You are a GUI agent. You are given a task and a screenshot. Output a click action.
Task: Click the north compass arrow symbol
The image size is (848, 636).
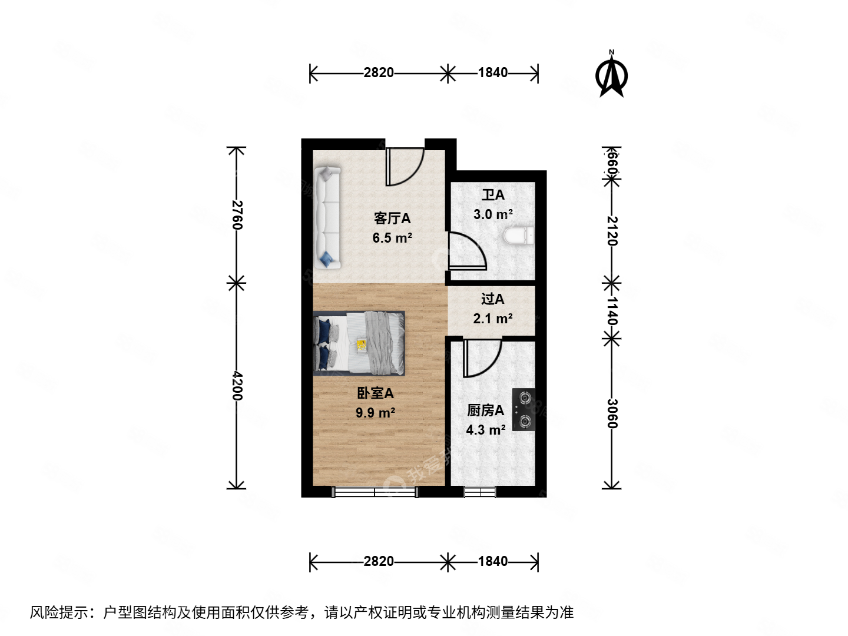tap(612, 75)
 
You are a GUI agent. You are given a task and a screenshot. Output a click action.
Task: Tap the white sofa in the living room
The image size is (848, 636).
tap(327, 218)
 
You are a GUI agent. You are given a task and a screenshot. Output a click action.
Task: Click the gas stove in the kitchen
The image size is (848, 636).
tap(524, 409)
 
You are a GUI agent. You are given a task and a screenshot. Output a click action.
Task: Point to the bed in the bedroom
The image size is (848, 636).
tap(359, 343)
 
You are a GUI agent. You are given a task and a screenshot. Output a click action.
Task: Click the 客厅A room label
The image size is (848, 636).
tap(392, 218)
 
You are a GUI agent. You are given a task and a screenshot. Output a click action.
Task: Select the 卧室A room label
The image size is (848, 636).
tap(375, 393)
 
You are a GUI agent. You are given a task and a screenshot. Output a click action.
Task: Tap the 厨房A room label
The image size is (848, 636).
tap(485, 410)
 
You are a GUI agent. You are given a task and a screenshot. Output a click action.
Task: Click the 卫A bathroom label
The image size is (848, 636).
tap(493, 195)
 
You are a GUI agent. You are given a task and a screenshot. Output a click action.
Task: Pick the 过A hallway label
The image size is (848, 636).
tap(492, 299)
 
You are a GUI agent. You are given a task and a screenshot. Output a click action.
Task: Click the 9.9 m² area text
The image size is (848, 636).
tap(375, 413)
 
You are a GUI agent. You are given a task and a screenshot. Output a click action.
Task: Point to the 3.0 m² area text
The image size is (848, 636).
tap(493, 214)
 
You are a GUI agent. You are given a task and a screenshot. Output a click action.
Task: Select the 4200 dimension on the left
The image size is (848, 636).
tap(237, 386)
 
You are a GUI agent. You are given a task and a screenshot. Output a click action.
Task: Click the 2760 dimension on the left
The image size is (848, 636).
tap(237, 215)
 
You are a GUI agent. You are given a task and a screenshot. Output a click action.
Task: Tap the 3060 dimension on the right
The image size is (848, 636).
tap(612, 414)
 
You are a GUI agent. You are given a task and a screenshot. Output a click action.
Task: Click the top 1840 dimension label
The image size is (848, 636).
tap(492, 72)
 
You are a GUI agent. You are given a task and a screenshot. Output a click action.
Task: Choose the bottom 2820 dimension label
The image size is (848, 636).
tap(378, 561)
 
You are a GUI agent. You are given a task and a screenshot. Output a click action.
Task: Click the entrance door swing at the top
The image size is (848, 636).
tap(404, 167)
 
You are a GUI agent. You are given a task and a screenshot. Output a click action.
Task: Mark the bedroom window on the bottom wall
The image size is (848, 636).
tap(376, 492)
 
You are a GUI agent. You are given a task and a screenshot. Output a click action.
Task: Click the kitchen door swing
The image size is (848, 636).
tap(481, 358)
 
